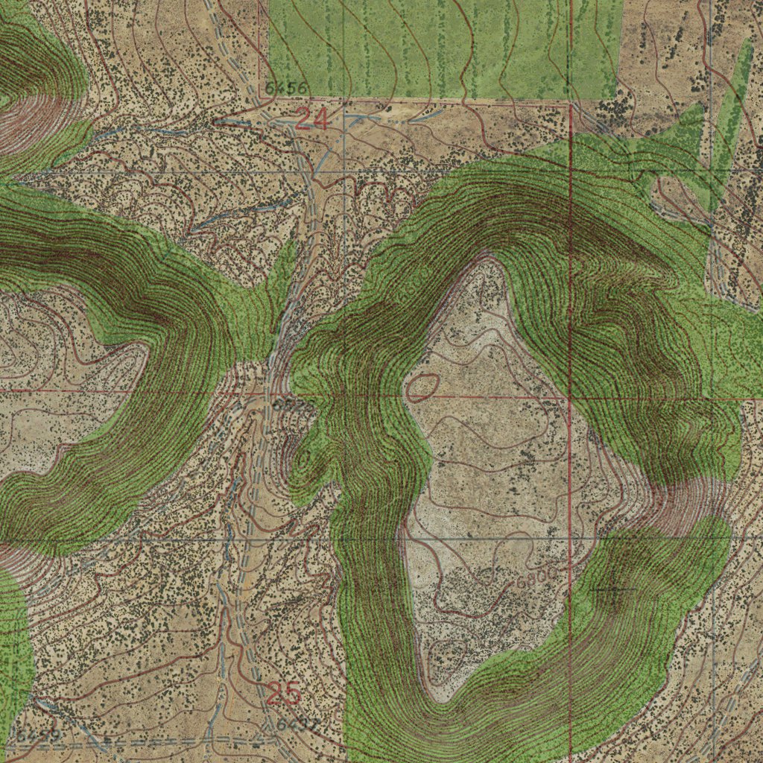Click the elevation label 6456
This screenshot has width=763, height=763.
coord(285,89)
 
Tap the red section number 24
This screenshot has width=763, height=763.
coord(312,119)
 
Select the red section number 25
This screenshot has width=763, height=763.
coord(283,694)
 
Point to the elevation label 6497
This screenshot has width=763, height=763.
coord(297,724)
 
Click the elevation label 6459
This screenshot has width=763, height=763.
coord(38,736)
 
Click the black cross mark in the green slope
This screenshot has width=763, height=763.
coord(613,590)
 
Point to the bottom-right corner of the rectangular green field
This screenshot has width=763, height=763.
coord(620,98)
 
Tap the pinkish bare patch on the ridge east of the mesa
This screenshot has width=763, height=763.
coord(682,507)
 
